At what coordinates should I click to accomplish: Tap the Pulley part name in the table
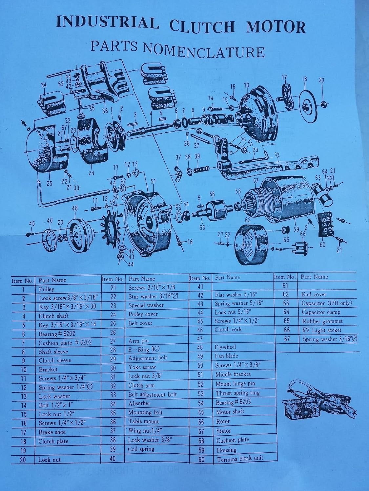click(x=47, y=289)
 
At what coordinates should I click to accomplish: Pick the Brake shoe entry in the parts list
click(x=52, y=432)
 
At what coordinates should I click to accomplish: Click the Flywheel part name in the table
click(x=225, y=347)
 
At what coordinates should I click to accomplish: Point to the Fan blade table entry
click(x=226, y=356)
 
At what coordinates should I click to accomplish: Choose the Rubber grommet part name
click(x=322, y=321)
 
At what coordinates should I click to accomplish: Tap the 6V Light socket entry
click(x=321, y=330)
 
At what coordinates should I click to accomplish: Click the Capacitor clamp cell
click(x=321, y=312)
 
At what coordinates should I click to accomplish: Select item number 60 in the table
click(x=201, y=459)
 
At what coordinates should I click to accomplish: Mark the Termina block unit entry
click(x=240, y=459)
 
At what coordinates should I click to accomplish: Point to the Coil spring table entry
click(x=141, y=449)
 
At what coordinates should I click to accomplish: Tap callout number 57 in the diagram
click(x=256, y=180)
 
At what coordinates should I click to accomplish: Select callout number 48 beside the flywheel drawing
click(x=75, y=209)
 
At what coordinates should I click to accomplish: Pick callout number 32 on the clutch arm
click(x=277, y=155)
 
